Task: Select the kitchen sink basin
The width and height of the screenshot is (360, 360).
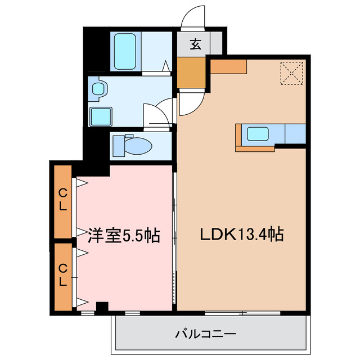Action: pos(258,134)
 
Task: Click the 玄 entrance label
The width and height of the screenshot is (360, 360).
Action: pos(195,44)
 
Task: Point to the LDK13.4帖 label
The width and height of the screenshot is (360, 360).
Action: pos(241,234)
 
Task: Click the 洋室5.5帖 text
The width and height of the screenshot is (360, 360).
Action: pos(124,235)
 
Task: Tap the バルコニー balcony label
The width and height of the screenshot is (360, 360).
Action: pos(205,334)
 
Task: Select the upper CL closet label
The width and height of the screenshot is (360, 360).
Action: pos(63,200)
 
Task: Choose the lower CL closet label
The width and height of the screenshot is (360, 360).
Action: pos(63,275)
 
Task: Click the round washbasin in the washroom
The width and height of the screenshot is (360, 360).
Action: pos(99,88)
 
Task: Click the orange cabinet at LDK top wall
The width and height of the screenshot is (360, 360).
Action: pos(229,66)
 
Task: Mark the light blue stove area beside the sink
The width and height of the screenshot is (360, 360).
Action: pos(295,134)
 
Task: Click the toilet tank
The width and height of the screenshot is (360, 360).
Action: pos(120,146)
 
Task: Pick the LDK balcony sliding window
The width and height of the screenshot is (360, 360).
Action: pos(242,312)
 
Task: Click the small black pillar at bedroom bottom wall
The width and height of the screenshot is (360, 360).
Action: pos(101,307)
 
